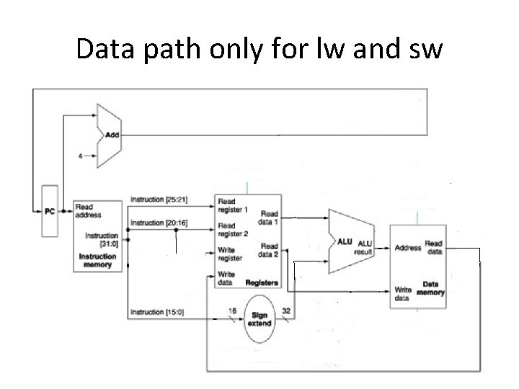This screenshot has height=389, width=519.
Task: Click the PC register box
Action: [49, 210]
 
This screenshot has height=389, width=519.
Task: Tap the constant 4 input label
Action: [80, 155]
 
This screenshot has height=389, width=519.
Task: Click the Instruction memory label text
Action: [97, 261]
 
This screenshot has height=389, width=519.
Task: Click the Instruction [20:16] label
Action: [159, 223]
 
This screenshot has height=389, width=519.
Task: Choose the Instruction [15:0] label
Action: [157, 313]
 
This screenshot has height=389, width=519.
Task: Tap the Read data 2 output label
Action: [269, 251]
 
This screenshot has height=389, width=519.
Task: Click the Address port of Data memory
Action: [408, 249]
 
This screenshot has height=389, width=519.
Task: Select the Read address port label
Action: [89, 210]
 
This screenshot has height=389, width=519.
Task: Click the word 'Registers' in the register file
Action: [261, 283]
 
